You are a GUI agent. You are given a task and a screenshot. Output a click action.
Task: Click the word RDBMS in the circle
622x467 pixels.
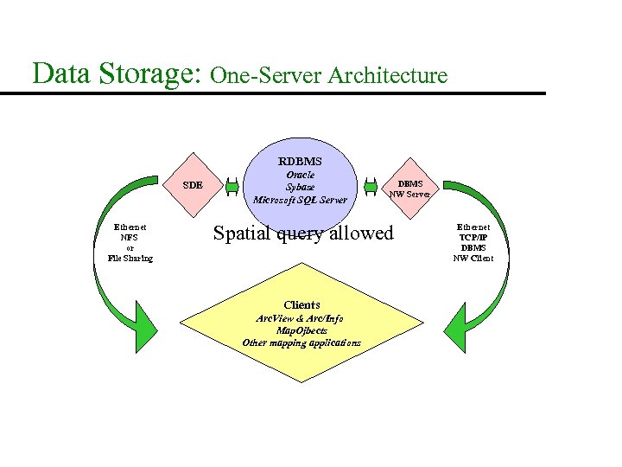point(300,161)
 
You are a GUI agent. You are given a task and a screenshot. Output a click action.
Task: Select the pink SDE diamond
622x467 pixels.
point(194,185)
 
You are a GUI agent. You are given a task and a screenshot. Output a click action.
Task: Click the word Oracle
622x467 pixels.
point(300,174)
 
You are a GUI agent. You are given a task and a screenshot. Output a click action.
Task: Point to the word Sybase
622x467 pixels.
point(300,187)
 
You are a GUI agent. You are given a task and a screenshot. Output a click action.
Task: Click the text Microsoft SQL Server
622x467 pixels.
point(300,200)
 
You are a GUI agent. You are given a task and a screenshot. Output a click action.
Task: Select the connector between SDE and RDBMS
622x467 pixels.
point(232,185)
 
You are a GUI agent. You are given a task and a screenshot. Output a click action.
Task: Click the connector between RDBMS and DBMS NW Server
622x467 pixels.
point(370,186)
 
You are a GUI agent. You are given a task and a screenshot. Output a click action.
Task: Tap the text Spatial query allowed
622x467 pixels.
point(302,233)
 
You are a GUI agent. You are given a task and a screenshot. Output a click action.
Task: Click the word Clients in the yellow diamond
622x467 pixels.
point(301,304)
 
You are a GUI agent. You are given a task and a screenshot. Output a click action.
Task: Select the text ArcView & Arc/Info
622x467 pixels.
point(301,318)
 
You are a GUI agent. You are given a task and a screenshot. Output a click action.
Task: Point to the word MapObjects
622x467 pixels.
point(301,330)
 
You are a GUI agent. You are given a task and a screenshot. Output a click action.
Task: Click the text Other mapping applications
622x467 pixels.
point(301,342)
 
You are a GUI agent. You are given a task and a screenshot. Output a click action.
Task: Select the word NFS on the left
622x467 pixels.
point(130,238)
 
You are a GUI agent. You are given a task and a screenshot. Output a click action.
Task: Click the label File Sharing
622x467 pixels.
point(130,259)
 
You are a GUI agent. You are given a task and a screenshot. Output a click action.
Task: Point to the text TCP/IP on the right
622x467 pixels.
point(473,237)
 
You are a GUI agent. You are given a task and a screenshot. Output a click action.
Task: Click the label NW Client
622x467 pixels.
point(473,259)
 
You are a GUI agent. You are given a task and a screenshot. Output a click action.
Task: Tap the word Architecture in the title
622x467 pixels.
point(388,75)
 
